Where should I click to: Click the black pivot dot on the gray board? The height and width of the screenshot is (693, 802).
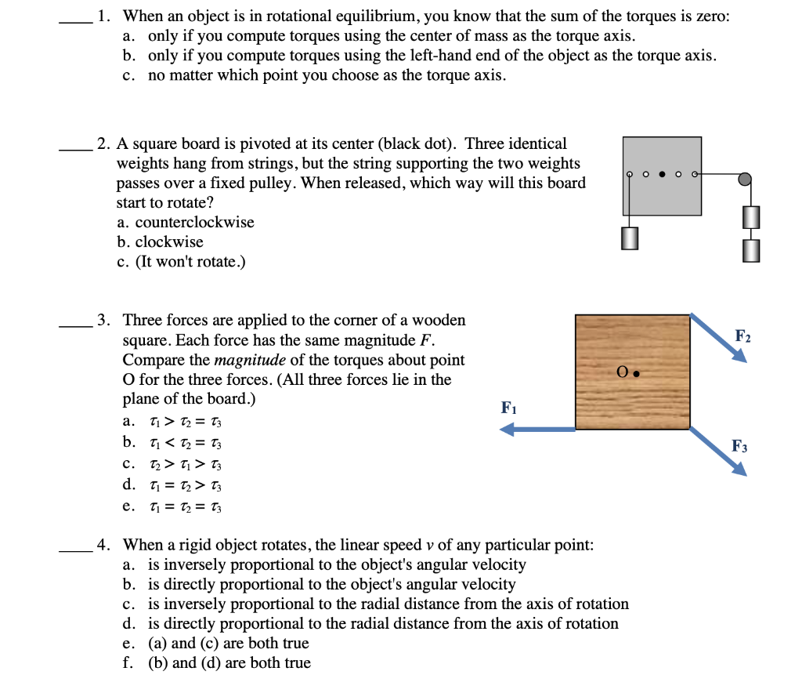click(x=663, y=174)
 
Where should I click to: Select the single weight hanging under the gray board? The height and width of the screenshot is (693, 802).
click(x=629, y=238)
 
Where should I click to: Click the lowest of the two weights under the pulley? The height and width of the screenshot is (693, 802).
click(x=750, y=250)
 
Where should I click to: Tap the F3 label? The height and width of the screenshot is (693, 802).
click(x=739, y=447)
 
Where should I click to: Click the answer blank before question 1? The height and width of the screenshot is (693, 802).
click(x=76, y=23)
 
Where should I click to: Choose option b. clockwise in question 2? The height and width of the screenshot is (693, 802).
click(x=160, y=241)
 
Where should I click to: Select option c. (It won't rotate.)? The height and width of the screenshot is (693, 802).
click(x=181, y=261)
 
